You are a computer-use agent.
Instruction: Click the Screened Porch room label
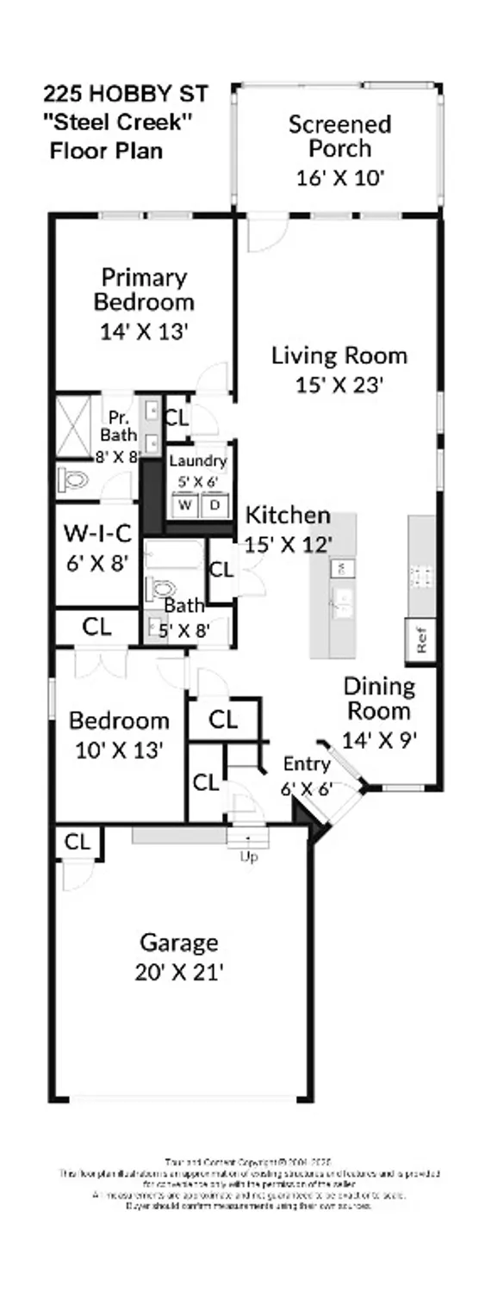(339, 136)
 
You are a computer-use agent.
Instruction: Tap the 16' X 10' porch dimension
(339, 178)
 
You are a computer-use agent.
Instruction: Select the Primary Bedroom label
(144, 290)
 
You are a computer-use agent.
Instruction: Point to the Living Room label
(339, 355)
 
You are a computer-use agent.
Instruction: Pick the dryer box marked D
(214, 503)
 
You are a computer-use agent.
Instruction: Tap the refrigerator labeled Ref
(422, 640)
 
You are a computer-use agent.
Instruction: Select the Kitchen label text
(289, 516)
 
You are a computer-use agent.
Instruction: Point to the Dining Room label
(379, 699)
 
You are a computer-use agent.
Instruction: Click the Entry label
(307, 764)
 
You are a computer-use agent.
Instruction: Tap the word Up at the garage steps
(249, 856)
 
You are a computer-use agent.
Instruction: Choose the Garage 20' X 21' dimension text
(179, 973)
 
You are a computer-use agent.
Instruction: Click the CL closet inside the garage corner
(78, 843)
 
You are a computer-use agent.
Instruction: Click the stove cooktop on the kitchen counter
(422, 574)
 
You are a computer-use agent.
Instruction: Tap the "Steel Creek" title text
(118, 121)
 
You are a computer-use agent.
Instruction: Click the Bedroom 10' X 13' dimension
(118, 750)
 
